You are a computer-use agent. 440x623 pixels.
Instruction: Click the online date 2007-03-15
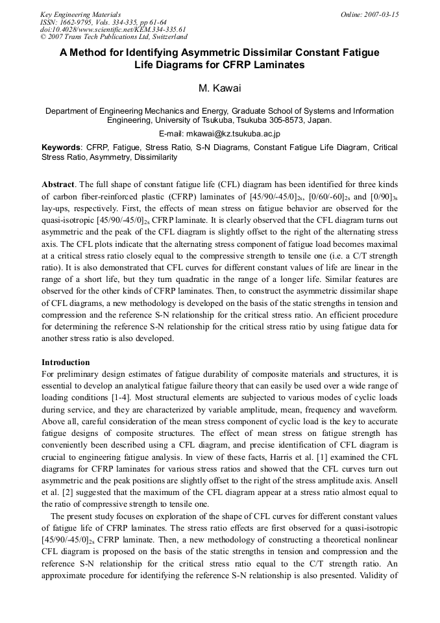point(382,14)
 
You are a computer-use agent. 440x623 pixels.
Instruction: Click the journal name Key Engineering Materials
point(80,14)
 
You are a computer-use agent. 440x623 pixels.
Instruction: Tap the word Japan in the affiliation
point(319,120)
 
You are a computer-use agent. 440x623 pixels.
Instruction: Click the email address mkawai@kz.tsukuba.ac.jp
point(237,134)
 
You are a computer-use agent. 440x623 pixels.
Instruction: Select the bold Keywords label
point(61,147)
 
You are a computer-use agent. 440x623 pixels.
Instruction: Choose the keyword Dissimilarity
point(154,157)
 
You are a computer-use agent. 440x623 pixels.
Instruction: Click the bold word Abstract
point(58,185)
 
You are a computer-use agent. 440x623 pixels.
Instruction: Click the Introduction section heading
point(66,362)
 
